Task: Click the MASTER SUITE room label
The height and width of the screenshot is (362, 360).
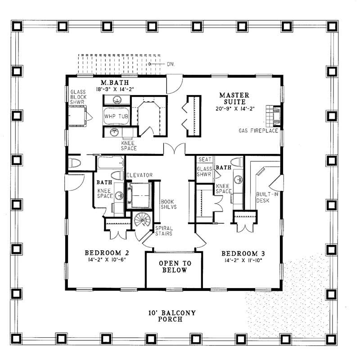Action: [234, 99]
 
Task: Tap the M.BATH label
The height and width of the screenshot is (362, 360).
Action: [115, 82]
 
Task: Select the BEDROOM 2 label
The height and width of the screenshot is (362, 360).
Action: [107, 253]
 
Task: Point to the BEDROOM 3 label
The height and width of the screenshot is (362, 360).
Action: [243, 254]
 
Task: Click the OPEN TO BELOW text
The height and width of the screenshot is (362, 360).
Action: [175, 267]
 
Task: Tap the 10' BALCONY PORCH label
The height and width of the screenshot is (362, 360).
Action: [172, 316]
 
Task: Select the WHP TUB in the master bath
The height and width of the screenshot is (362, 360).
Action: [116, 116]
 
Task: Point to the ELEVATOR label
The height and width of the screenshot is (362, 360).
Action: [139, 175]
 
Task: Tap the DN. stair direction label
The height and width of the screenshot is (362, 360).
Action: [171, 64]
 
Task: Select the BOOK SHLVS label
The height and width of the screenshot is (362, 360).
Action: [168, 204]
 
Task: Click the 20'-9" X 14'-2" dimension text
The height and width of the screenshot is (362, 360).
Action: [235, 109]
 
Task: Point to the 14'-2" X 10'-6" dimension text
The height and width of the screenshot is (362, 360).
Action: [107, 260]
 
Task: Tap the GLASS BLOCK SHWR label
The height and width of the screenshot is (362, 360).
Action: [78, 97]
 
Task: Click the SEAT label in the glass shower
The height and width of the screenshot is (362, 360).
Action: [205, 159]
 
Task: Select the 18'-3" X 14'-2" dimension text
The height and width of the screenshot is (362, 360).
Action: [115, 89]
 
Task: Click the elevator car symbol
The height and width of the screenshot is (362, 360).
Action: [139, 195]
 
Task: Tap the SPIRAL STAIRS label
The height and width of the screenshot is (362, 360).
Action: [164, 231]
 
